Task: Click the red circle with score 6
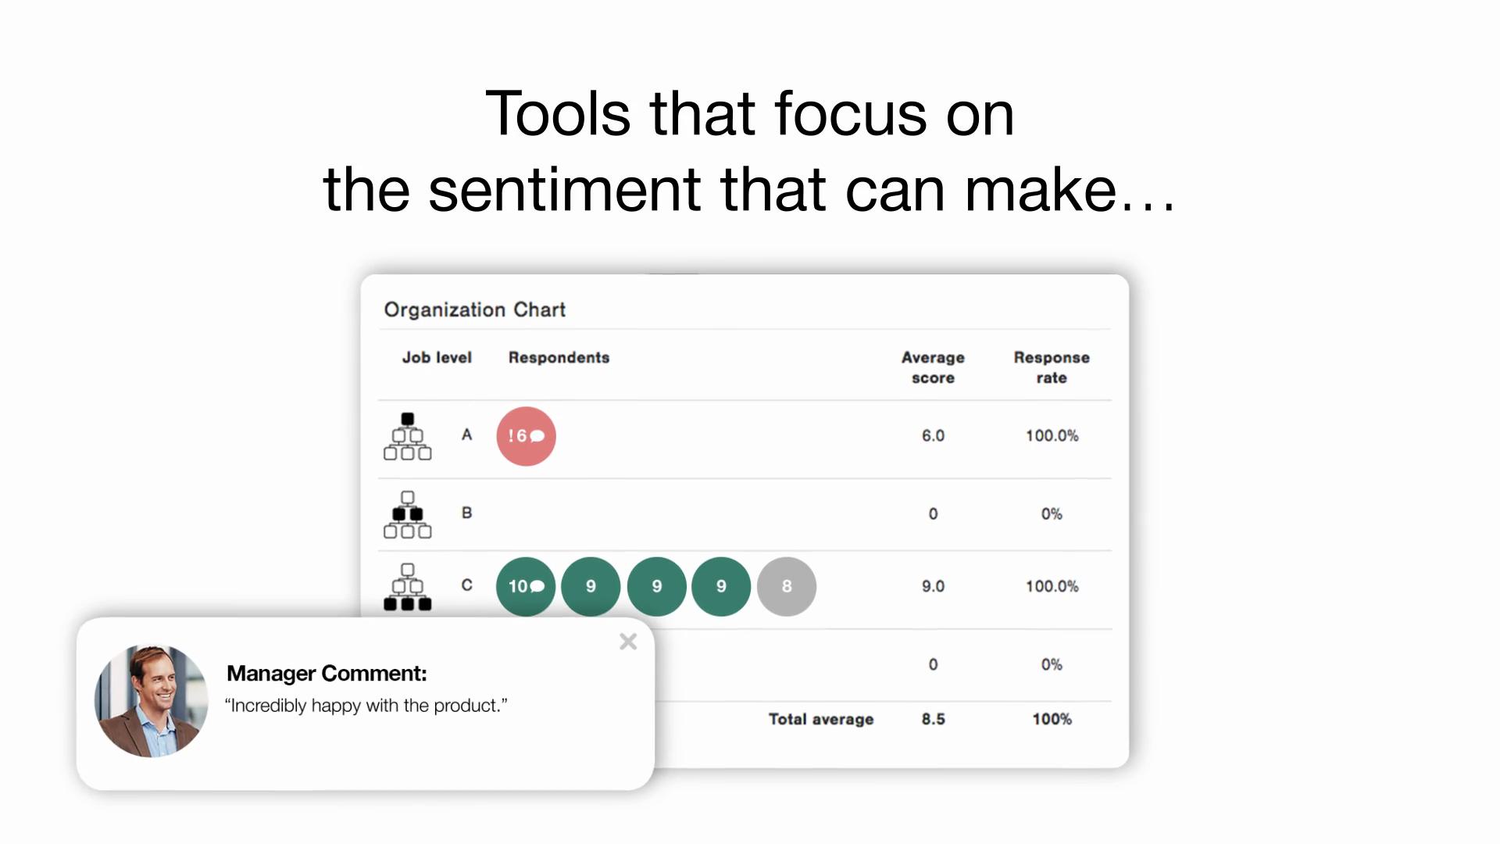click(526, 436)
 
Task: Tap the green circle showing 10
click(526, 586)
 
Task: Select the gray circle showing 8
click(787, 586)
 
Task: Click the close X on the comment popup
click(628, 642)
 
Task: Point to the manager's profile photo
click(152, 701)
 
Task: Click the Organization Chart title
click(475, 309)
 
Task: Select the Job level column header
click(437, 357)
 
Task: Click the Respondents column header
click(559, 357)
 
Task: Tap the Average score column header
click(933, 367)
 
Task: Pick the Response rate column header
click(1052, 367)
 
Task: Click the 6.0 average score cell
click(933, 435)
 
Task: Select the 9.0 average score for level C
click(933, 586)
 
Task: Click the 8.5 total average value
click(933, 719)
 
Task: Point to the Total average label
click(821, 719)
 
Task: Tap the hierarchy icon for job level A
click(407, 436)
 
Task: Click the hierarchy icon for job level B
click(407, 514)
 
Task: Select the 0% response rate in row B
click(1052, 513)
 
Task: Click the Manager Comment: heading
click(327, 673)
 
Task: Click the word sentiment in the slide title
click(565, 190)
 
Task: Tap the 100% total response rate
click(1052, 719)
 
